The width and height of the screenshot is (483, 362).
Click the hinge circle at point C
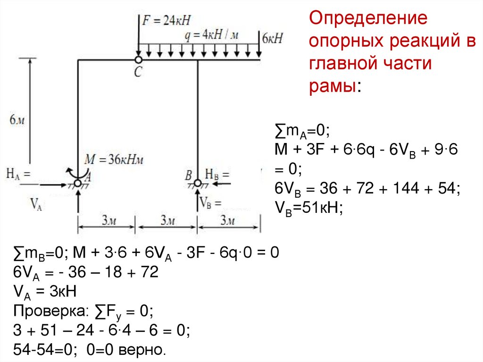(138, 60)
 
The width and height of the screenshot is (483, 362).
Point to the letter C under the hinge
(138, 72)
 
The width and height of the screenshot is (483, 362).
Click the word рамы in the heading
(333, 86)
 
